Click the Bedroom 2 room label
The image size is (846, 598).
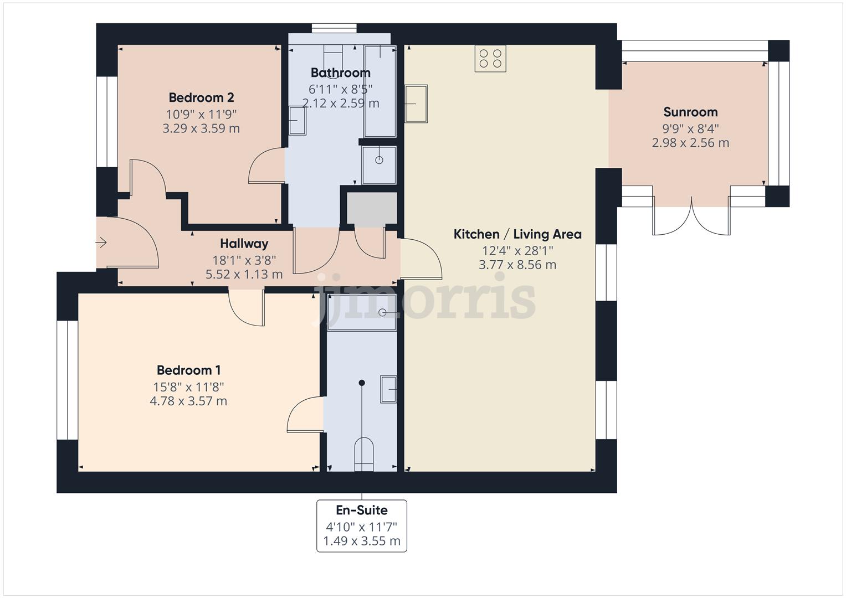pos(201,98)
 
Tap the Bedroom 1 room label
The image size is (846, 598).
pos(188,370)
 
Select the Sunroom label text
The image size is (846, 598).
pos(690,112)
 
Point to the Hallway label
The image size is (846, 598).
pos(244,244)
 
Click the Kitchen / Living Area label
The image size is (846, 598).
pos(517,234)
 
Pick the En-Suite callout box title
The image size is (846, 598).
pos(362,511)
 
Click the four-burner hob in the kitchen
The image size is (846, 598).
pos(490,59)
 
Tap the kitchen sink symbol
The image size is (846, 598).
pos(416,104)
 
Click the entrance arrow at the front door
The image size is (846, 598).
pos(101,243)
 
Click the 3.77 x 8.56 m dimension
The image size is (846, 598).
pos(517,265)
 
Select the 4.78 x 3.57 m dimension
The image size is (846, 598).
pos(188,401)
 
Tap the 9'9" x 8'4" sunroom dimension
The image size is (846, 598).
pos(690,128)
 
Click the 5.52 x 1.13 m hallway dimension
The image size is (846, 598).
pos(244,275)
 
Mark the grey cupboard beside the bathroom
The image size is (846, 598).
pos(372,208)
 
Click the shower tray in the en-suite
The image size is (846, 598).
pos(362,313)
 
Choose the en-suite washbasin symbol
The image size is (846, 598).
pos(388,389)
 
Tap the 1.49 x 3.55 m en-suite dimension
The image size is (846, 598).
pos(362,541)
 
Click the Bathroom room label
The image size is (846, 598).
pos(341,73)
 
